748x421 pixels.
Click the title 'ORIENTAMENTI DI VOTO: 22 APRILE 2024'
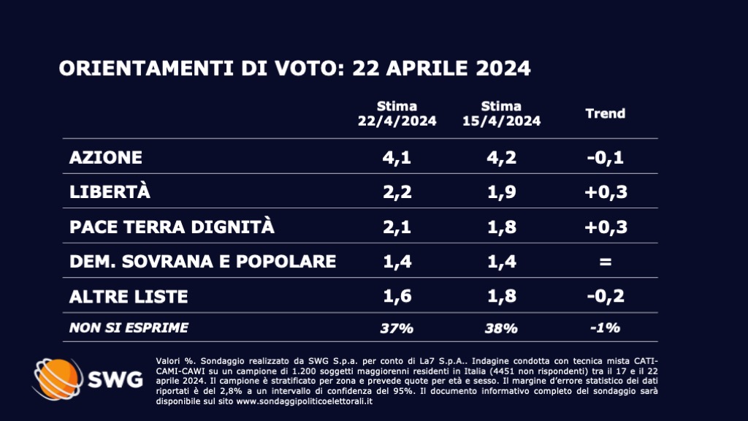tap(294, 69)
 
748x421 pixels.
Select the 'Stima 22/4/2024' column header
tap(397, 114)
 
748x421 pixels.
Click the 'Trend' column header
tap(606, 114)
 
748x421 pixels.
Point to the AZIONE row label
tap(105, 158)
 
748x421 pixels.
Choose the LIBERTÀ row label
tap(110, 192)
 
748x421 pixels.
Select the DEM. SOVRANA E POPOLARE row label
tap(202, 261)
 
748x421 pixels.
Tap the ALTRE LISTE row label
tap(129, 296)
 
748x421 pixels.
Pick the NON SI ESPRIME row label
tap(129, 327)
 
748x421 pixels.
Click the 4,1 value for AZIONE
tap(397, 158)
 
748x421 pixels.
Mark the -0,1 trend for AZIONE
tap(605, 158)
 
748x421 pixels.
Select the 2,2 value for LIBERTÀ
tap(397, 192)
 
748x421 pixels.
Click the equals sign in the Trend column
tap(605, 262)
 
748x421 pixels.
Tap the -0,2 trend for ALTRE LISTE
tap(605, 296)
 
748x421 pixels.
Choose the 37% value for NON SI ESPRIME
tap(397, 328)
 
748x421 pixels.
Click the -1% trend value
tap(605, 328)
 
